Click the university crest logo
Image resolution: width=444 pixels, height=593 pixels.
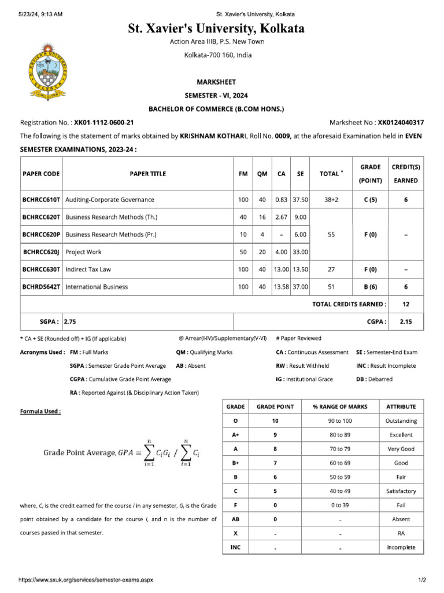48,72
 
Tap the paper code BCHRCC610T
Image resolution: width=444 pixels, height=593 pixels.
41,200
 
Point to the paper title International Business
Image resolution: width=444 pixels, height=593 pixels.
97,287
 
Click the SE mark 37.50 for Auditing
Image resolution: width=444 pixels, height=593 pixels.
300,200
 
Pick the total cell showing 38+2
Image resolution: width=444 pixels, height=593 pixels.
331,200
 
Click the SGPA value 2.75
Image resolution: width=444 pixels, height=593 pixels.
70,320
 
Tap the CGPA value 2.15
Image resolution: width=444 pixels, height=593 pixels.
405,320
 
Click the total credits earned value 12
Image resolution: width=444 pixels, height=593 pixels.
405,303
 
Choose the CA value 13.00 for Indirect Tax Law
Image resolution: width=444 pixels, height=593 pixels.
281,269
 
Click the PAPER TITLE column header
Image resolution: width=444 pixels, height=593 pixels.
147,174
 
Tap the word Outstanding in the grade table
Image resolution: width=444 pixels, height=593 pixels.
401,421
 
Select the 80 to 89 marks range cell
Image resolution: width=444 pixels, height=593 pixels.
343,435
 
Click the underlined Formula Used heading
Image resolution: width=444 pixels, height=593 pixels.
40,411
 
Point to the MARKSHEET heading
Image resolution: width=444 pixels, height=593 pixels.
217,82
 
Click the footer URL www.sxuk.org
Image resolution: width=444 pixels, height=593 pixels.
86,580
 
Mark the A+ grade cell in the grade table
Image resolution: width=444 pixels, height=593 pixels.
235,435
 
